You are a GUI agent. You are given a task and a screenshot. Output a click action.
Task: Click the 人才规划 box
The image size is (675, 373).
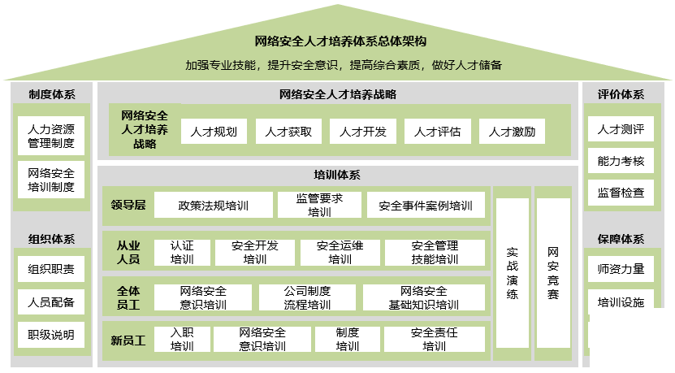[214, 132]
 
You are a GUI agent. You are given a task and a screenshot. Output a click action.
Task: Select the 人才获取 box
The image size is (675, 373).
[288, 132]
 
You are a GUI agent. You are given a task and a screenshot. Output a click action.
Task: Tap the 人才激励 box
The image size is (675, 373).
[512, 132]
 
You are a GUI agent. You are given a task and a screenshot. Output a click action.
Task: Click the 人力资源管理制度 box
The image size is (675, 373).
[51, 136]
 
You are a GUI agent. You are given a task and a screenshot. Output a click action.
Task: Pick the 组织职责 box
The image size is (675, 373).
[51, 269]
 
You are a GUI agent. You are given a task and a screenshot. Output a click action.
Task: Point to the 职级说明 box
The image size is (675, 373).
[51, 335]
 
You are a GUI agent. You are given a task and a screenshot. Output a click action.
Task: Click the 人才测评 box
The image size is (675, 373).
[621, 128]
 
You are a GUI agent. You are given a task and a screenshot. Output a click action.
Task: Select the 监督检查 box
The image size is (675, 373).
[621, 193]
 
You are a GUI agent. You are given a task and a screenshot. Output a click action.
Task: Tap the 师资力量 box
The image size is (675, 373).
[621, 269]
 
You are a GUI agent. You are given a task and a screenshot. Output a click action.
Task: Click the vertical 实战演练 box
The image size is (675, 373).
[513, 273]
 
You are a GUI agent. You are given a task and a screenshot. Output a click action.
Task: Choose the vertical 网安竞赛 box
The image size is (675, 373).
[553, 273]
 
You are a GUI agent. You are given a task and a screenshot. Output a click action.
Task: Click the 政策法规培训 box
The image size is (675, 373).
[214, 205]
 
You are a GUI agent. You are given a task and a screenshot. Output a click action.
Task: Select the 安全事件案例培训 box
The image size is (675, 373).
[426, 205]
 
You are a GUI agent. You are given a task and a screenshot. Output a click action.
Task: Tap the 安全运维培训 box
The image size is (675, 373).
[340, 253]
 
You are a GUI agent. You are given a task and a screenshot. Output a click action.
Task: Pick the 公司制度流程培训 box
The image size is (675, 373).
[307, 297]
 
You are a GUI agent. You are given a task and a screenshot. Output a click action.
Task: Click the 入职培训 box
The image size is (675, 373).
[182, 339]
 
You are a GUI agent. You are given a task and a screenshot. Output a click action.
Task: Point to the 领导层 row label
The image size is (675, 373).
[128, 205]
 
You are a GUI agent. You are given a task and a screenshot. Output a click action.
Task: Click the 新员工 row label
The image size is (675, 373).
[128, 340]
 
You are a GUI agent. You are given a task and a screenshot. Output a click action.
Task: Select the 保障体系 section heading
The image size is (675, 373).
[621, 239]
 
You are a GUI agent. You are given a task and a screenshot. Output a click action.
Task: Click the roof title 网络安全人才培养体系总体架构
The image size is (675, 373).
[340, 41]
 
